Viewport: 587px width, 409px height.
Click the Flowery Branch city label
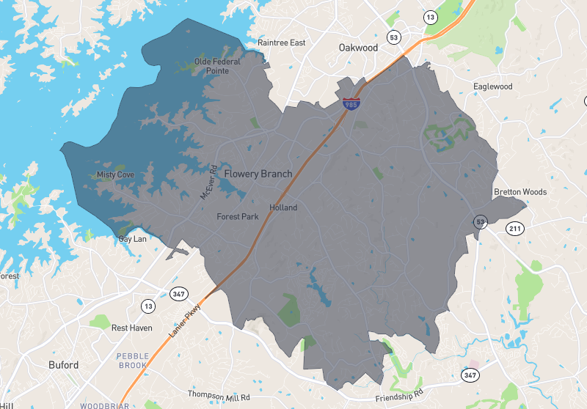coord(258,174)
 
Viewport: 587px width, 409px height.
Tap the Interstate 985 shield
coord(351,104)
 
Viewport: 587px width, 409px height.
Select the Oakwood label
coord(358,48)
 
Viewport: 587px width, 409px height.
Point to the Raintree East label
coord(281,43)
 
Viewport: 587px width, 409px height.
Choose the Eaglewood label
coord(492,86)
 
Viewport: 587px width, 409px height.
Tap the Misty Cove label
coord(115,175)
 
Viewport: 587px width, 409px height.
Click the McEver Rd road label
coord(208,183)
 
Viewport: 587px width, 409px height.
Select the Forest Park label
coord(237,217)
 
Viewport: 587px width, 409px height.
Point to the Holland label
coord(283,207)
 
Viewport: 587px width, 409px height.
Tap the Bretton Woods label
coord(519,192)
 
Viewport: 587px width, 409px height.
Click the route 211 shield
coord(516,229)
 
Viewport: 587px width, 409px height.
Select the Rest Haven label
coord(131,328)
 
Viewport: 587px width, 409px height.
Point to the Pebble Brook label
coord(133,360)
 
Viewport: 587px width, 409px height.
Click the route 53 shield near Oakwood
coord(394,37)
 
